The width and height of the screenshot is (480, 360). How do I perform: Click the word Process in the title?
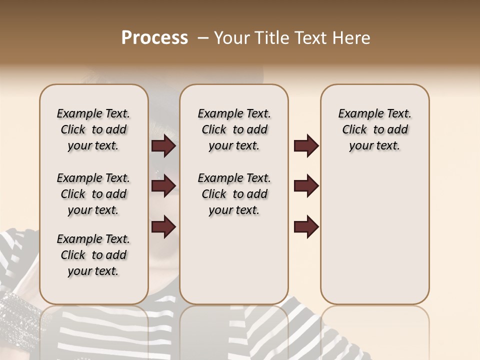[x=154, y=38]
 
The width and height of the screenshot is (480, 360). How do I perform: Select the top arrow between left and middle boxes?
[x=163, y=146]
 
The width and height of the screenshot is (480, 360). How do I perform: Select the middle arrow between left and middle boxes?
[x=163, y=186]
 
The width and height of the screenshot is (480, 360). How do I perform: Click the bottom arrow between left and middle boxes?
[x=163, y=226]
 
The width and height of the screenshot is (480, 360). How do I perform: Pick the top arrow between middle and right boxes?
[x=306, y=146]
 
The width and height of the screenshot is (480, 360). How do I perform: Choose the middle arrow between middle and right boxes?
[x=306, y=186]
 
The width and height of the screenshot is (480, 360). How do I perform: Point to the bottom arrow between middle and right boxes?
[x=306, y=226]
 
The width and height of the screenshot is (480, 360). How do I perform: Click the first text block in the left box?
[x=93, y=129]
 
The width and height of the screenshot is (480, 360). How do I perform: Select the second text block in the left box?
[x=93, y=194]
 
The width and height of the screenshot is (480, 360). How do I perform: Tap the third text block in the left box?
[x=93, y=255]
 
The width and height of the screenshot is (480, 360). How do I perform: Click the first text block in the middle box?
[x=234, y=129]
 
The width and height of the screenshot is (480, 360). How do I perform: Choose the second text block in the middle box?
[x=234, y=194]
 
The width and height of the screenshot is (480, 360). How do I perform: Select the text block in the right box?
[x=374, y=129]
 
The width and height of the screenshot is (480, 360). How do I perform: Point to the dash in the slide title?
[x=203, y=38]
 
